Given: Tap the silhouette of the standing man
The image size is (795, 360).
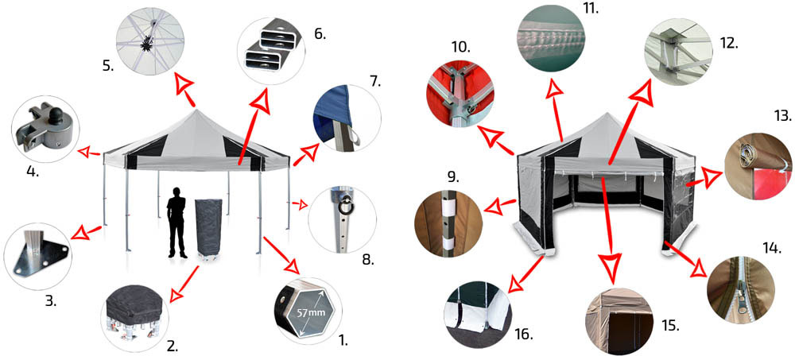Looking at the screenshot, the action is [x=177, y=222].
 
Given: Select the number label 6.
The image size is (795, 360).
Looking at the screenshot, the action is [x=320, y=34].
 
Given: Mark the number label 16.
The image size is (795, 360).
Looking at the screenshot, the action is [x=524, y=334].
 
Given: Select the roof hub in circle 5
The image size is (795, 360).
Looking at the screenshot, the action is [x=148, y=41].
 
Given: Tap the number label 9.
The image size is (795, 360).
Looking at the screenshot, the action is [x=453, y=177].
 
